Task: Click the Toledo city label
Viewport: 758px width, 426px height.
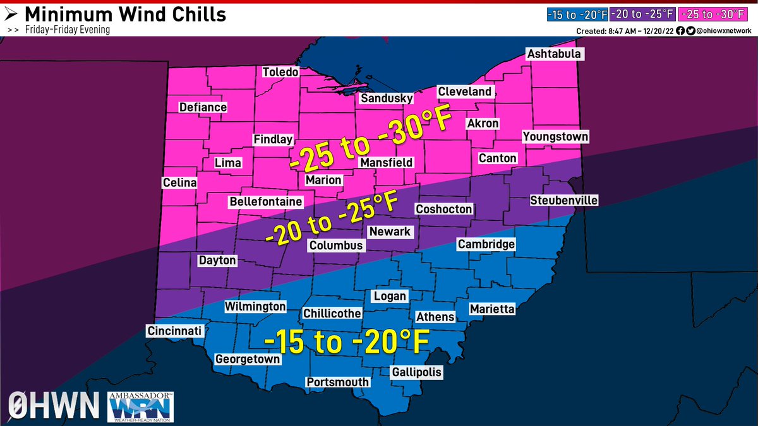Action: [280, 72]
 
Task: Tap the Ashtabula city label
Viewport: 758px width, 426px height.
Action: [553, 54]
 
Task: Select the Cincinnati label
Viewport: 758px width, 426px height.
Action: [174, 331]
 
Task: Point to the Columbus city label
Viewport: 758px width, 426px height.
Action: [335, 246]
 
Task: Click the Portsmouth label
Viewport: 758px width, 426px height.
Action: [337, 382]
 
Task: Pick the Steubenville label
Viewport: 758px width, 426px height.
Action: [563, 201]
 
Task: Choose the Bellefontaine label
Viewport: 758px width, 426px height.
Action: [266, 202]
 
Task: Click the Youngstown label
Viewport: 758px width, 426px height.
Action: [555, 137]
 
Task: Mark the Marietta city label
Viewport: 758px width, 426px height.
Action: [492, 309]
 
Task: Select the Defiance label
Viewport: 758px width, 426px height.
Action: [203, 107]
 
